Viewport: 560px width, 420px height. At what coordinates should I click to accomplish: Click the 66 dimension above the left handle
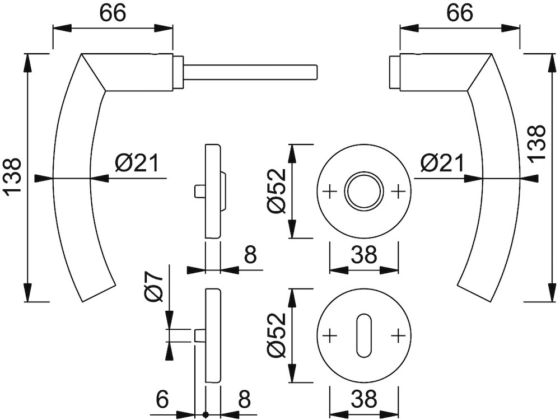click(x=113, y=13)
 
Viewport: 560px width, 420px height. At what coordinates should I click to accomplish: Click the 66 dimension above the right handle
click(x=459, y=13)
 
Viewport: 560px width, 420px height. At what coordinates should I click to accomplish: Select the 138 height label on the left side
click(x=12, y=177)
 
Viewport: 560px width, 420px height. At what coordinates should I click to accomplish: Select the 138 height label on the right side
click(x=537, y=143)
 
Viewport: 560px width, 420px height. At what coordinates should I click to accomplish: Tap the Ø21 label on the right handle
click(x=442, y=164)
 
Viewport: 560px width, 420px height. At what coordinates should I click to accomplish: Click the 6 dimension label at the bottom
click(x=161, y=399)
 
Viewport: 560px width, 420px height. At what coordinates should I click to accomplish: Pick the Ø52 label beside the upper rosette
click(x=278, y=190)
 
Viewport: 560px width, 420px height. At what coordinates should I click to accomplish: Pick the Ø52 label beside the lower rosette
click(x=278, y=335)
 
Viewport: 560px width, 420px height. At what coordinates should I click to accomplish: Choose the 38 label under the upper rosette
click(x=364, y=255)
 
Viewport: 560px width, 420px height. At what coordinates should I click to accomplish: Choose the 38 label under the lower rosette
click(x=364, y=399)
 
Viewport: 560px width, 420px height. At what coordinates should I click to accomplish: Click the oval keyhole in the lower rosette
click(x=364, y=335)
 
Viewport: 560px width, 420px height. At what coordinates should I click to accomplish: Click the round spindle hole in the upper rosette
click(x=364, y=191)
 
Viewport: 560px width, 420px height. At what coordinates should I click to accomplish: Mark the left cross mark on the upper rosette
click(x=330, y=191)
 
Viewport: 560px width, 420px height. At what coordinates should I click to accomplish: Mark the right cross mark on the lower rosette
click(x=398, y=335)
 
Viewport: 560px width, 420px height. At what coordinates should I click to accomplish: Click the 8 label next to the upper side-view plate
click(x=250, y=255)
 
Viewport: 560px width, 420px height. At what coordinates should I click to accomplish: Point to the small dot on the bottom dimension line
click(x=206, y=415)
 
